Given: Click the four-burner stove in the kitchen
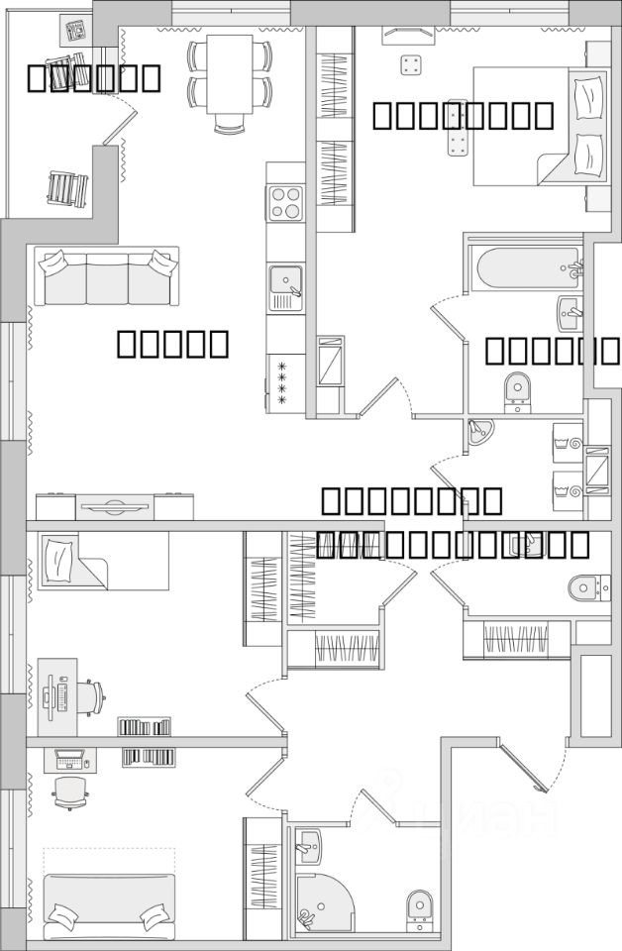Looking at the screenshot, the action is pos(285,203).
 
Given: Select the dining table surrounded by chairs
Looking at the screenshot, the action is pos(230,75).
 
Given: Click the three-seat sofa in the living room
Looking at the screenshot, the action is pos(107,277).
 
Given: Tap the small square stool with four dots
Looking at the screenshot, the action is pos(411,66).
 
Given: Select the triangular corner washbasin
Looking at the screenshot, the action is pos(480,431).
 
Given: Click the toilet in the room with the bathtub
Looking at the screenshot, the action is pos(517,391).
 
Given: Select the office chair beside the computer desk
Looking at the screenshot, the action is pos(87,696).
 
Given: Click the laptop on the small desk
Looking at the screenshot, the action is pos(69,760).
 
